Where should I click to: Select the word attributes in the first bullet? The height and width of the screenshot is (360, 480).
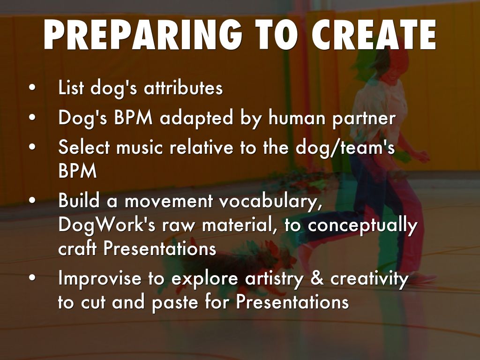[x=183, y=88]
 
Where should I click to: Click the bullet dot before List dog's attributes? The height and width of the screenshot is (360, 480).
[x=32, y=88]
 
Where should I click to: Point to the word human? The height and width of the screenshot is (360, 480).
[x=297, y=118]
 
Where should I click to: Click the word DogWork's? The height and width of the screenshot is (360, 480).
[x=106, y=226]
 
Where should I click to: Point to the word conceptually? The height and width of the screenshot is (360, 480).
[x=363, y=226]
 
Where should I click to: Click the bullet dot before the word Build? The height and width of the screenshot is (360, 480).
[x=32, y=201]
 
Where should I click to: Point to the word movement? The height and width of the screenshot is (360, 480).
[x=169, y=202]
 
